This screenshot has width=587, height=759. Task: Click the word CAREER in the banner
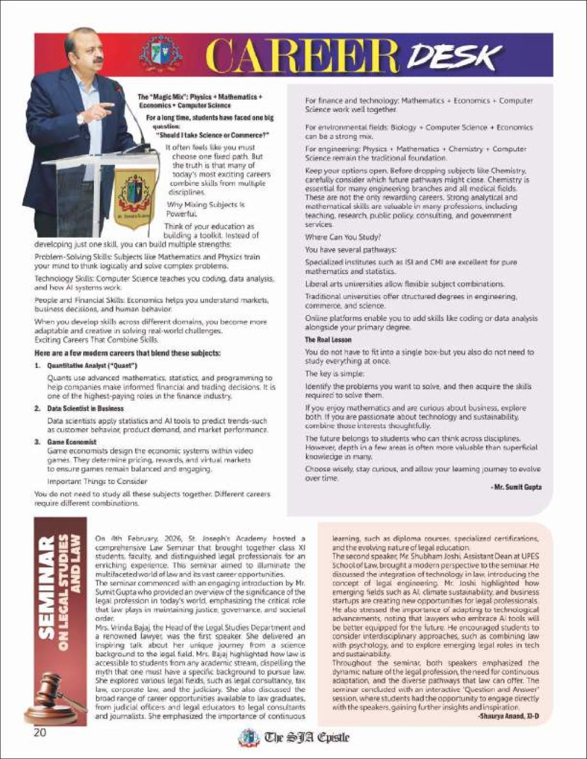pyautogui.click(x=303, y=58)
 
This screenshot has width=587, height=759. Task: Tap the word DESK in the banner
pyautogui.click(x=452, y=57)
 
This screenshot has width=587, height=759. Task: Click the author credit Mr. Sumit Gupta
pyautogui.click(x=516, y=487)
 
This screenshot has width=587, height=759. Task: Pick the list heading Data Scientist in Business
pyautogui.click(x=85, y=408)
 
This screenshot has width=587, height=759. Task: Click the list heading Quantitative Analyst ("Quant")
pyautogui.click(x=92, y=366)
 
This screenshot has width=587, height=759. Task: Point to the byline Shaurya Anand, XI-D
pyautogui.click(x=508, y=717)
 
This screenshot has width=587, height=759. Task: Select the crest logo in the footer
pyautogui.click(x=249, y=737)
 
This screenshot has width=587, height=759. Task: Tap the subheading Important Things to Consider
pyautogui.click(x=97, y=481)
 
